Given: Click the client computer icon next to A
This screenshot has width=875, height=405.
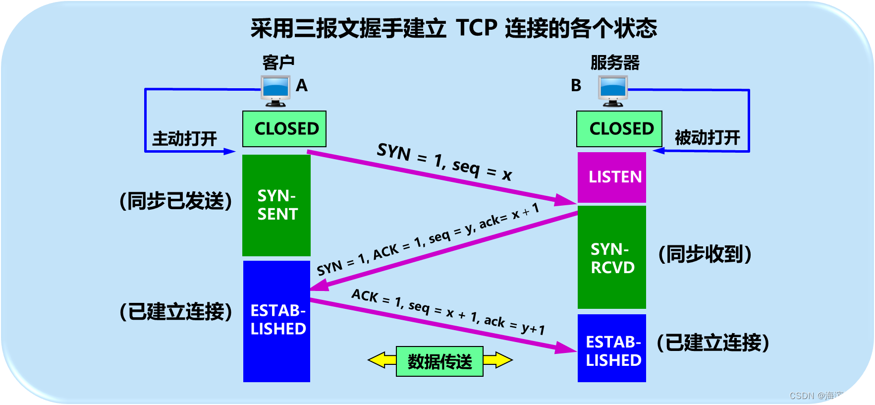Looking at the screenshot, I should click(x=275, y=90).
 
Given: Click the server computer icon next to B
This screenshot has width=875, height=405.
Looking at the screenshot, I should click(x=613, y=90).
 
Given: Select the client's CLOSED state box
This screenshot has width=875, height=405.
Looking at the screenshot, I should click(x=284, y=129).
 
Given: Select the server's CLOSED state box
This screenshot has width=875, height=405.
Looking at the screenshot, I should click(x=619, y=129).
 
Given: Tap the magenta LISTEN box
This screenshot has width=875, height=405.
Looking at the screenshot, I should click(x=612, y=177).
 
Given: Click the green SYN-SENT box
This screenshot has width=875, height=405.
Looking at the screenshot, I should click(x=276, y=205).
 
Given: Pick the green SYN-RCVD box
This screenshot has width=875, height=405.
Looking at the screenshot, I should click(x=612, y=258).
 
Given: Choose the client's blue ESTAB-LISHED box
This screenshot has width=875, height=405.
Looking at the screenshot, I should click(x=276, y=321).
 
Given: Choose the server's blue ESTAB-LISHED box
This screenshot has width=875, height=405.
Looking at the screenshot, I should click(x=612, y=348).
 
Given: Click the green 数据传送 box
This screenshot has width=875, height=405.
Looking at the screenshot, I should click(x=439, y=361).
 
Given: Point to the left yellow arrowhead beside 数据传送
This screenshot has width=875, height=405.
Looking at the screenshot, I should click(x=378, y=360).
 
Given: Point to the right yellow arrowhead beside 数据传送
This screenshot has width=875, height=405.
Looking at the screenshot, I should click(x=502, y=360).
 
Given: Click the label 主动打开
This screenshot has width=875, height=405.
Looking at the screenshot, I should click(x=184, y=138).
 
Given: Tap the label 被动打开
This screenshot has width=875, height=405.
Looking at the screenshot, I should click(x=707, y=137).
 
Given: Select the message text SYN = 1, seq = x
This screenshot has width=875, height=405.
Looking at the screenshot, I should click(x=444, y=162).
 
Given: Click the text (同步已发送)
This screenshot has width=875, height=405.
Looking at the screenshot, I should click(x=176, y=201).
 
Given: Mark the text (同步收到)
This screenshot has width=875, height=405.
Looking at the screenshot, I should click(x=705, y=254).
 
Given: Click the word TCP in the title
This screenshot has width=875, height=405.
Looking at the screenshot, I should click(x=476, y=28).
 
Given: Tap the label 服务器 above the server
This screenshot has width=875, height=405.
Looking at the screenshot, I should click(x=615, y=63).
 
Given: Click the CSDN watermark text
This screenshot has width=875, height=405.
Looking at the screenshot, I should click(x=828, y=396).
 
